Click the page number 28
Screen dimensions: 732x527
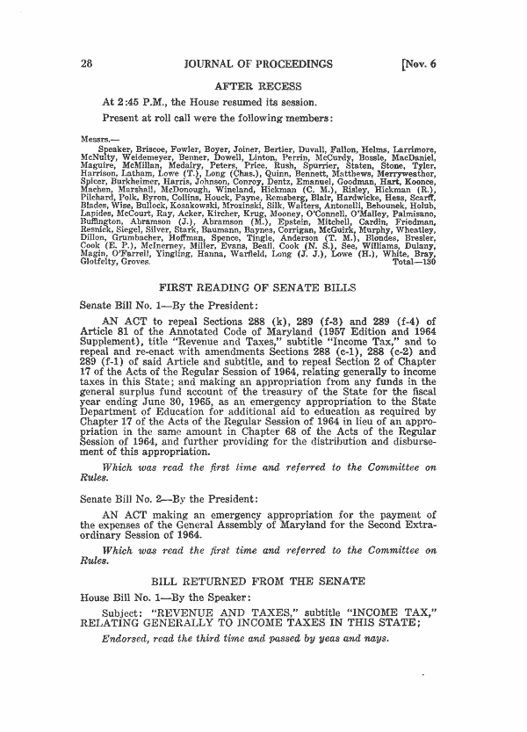(86, 64)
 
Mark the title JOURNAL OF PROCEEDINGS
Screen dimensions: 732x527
(259, 64)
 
